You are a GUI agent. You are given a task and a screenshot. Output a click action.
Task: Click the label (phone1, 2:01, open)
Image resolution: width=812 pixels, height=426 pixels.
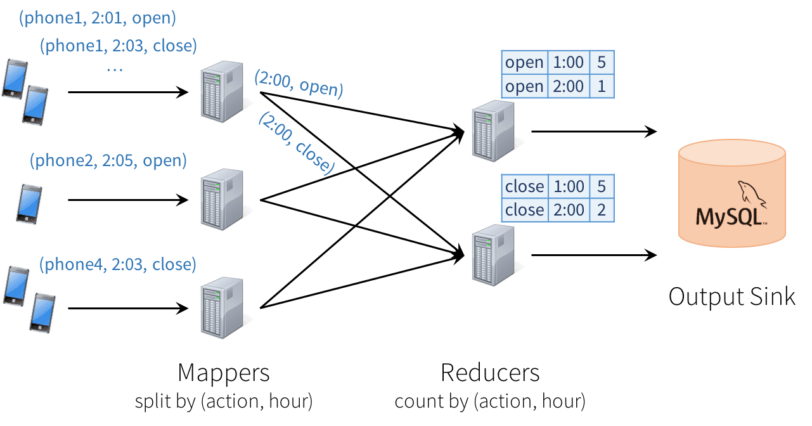tap(97, 18)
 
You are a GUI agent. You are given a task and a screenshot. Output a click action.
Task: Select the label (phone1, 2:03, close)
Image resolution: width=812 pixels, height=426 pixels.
tap(118, 46)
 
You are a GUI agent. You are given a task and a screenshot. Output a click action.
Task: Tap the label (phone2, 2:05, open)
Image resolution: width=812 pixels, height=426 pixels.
tap(108, 160)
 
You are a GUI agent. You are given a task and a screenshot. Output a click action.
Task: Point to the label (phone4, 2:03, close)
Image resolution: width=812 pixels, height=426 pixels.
tap(118, 264)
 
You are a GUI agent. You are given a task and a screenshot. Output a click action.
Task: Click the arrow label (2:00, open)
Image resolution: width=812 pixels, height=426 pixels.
tap(299, 84)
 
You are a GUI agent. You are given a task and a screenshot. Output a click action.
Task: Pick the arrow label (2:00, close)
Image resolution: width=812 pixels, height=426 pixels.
tap(296, 143)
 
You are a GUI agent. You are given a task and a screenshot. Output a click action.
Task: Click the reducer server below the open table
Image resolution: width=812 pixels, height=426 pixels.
tap(493, 131)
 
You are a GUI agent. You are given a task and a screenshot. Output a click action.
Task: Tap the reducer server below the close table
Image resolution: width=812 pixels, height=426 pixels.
tap(493, 255)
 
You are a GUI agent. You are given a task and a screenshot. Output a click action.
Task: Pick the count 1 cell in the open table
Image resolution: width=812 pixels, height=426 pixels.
tap(602, 86)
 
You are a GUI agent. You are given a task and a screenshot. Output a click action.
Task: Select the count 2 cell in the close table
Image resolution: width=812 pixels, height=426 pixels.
tap(602, 210)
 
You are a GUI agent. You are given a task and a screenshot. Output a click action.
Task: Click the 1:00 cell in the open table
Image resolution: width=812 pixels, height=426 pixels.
tap(568, 63)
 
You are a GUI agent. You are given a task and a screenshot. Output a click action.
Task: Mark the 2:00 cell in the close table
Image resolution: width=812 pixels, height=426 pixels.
tap(568, 210)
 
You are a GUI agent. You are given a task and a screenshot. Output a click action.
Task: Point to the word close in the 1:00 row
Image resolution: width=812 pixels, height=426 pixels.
tap(524, 186)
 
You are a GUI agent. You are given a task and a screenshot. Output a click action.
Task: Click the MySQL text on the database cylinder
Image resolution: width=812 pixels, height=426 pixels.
tap(729, 217)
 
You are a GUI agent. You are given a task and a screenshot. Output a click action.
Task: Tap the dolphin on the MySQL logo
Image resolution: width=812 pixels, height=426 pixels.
tap(751, 193)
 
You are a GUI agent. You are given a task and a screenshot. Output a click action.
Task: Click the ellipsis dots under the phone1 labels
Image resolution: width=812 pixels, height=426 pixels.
tap(115, 68)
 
